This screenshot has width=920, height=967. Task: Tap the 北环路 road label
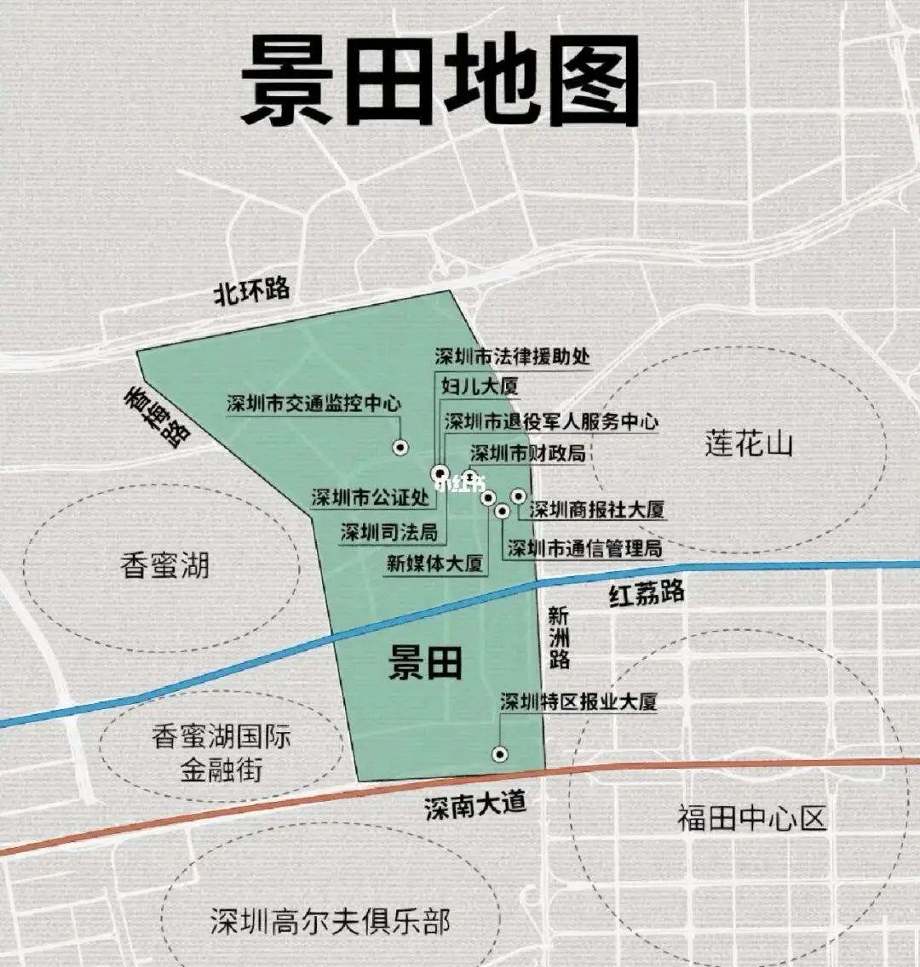[x=251, y=291]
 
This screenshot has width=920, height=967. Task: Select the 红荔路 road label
[x=647, y=594]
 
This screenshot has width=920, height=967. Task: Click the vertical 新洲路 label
[x=559, y=637]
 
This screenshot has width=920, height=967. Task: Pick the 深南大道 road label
[x=475, y=804]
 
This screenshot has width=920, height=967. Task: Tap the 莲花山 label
[x=748, y=443]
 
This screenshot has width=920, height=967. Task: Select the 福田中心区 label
[x=752, y=818]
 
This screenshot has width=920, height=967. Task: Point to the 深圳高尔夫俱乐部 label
[x=330, y=921]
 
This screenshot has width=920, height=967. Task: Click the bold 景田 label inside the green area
[x=425, y=661]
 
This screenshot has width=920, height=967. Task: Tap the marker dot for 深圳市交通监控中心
[x=400, y=447]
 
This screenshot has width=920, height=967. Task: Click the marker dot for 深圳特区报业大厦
[x=500, y=753]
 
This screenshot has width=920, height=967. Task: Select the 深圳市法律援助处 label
[x=512, y=356]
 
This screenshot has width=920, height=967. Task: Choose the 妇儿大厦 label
[x=480, y=386]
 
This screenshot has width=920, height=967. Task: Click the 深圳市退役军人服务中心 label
[x=551, y=421]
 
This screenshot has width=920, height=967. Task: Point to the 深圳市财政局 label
[x=528, y=453]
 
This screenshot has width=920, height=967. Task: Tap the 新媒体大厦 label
[x=434, y=563]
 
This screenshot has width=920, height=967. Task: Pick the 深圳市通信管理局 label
[x=584, y=547]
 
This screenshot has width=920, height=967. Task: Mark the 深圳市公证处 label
[x=370, y=497]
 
